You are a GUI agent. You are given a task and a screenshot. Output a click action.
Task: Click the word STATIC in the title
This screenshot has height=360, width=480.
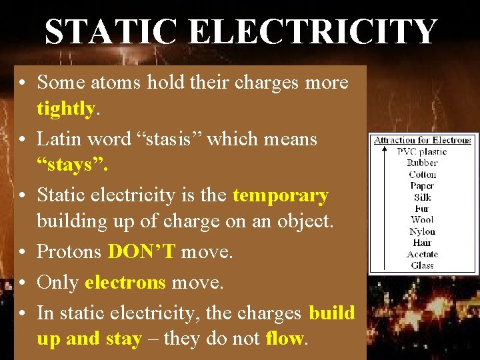pos(111,32)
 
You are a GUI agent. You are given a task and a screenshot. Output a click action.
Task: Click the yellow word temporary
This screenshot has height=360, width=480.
pos(280,195)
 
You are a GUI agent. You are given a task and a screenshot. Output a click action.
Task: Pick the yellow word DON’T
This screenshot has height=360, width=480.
pos(141,252)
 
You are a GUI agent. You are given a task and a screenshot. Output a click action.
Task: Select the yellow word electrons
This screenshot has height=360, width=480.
pos(125,282)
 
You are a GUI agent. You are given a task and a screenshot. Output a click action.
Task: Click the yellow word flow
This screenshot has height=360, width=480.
pos(284,339)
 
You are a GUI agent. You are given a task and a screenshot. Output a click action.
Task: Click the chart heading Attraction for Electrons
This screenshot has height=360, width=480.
pos(422,140)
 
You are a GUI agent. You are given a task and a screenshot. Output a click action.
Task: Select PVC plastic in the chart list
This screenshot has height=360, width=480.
pos(422,151)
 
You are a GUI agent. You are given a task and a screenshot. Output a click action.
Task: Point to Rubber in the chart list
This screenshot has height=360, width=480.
pos(422,163)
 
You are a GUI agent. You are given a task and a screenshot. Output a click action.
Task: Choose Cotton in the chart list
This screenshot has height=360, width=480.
pos(422,174)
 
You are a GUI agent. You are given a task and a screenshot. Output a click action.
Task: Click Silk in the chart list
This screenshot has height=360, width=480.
pos(422,197)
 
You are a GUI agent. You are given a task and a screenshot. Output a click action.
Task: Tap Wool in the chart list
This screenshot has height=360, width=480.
pos(422,219)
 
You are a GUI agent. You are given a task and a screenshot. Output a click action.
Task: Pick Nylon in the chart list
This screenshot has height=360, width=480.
pos(422,231)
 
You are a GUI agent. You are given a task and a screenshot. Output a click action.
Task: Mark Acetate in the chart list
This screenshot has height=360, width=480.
pos(422,254)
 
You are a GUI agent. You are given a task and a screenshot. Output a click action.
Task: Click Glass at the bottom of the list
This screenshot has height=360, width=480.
pos(422,265)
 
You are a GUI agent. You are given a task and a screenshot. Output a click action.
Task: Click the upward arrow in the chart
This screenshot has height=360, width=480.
pos(385,207)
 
